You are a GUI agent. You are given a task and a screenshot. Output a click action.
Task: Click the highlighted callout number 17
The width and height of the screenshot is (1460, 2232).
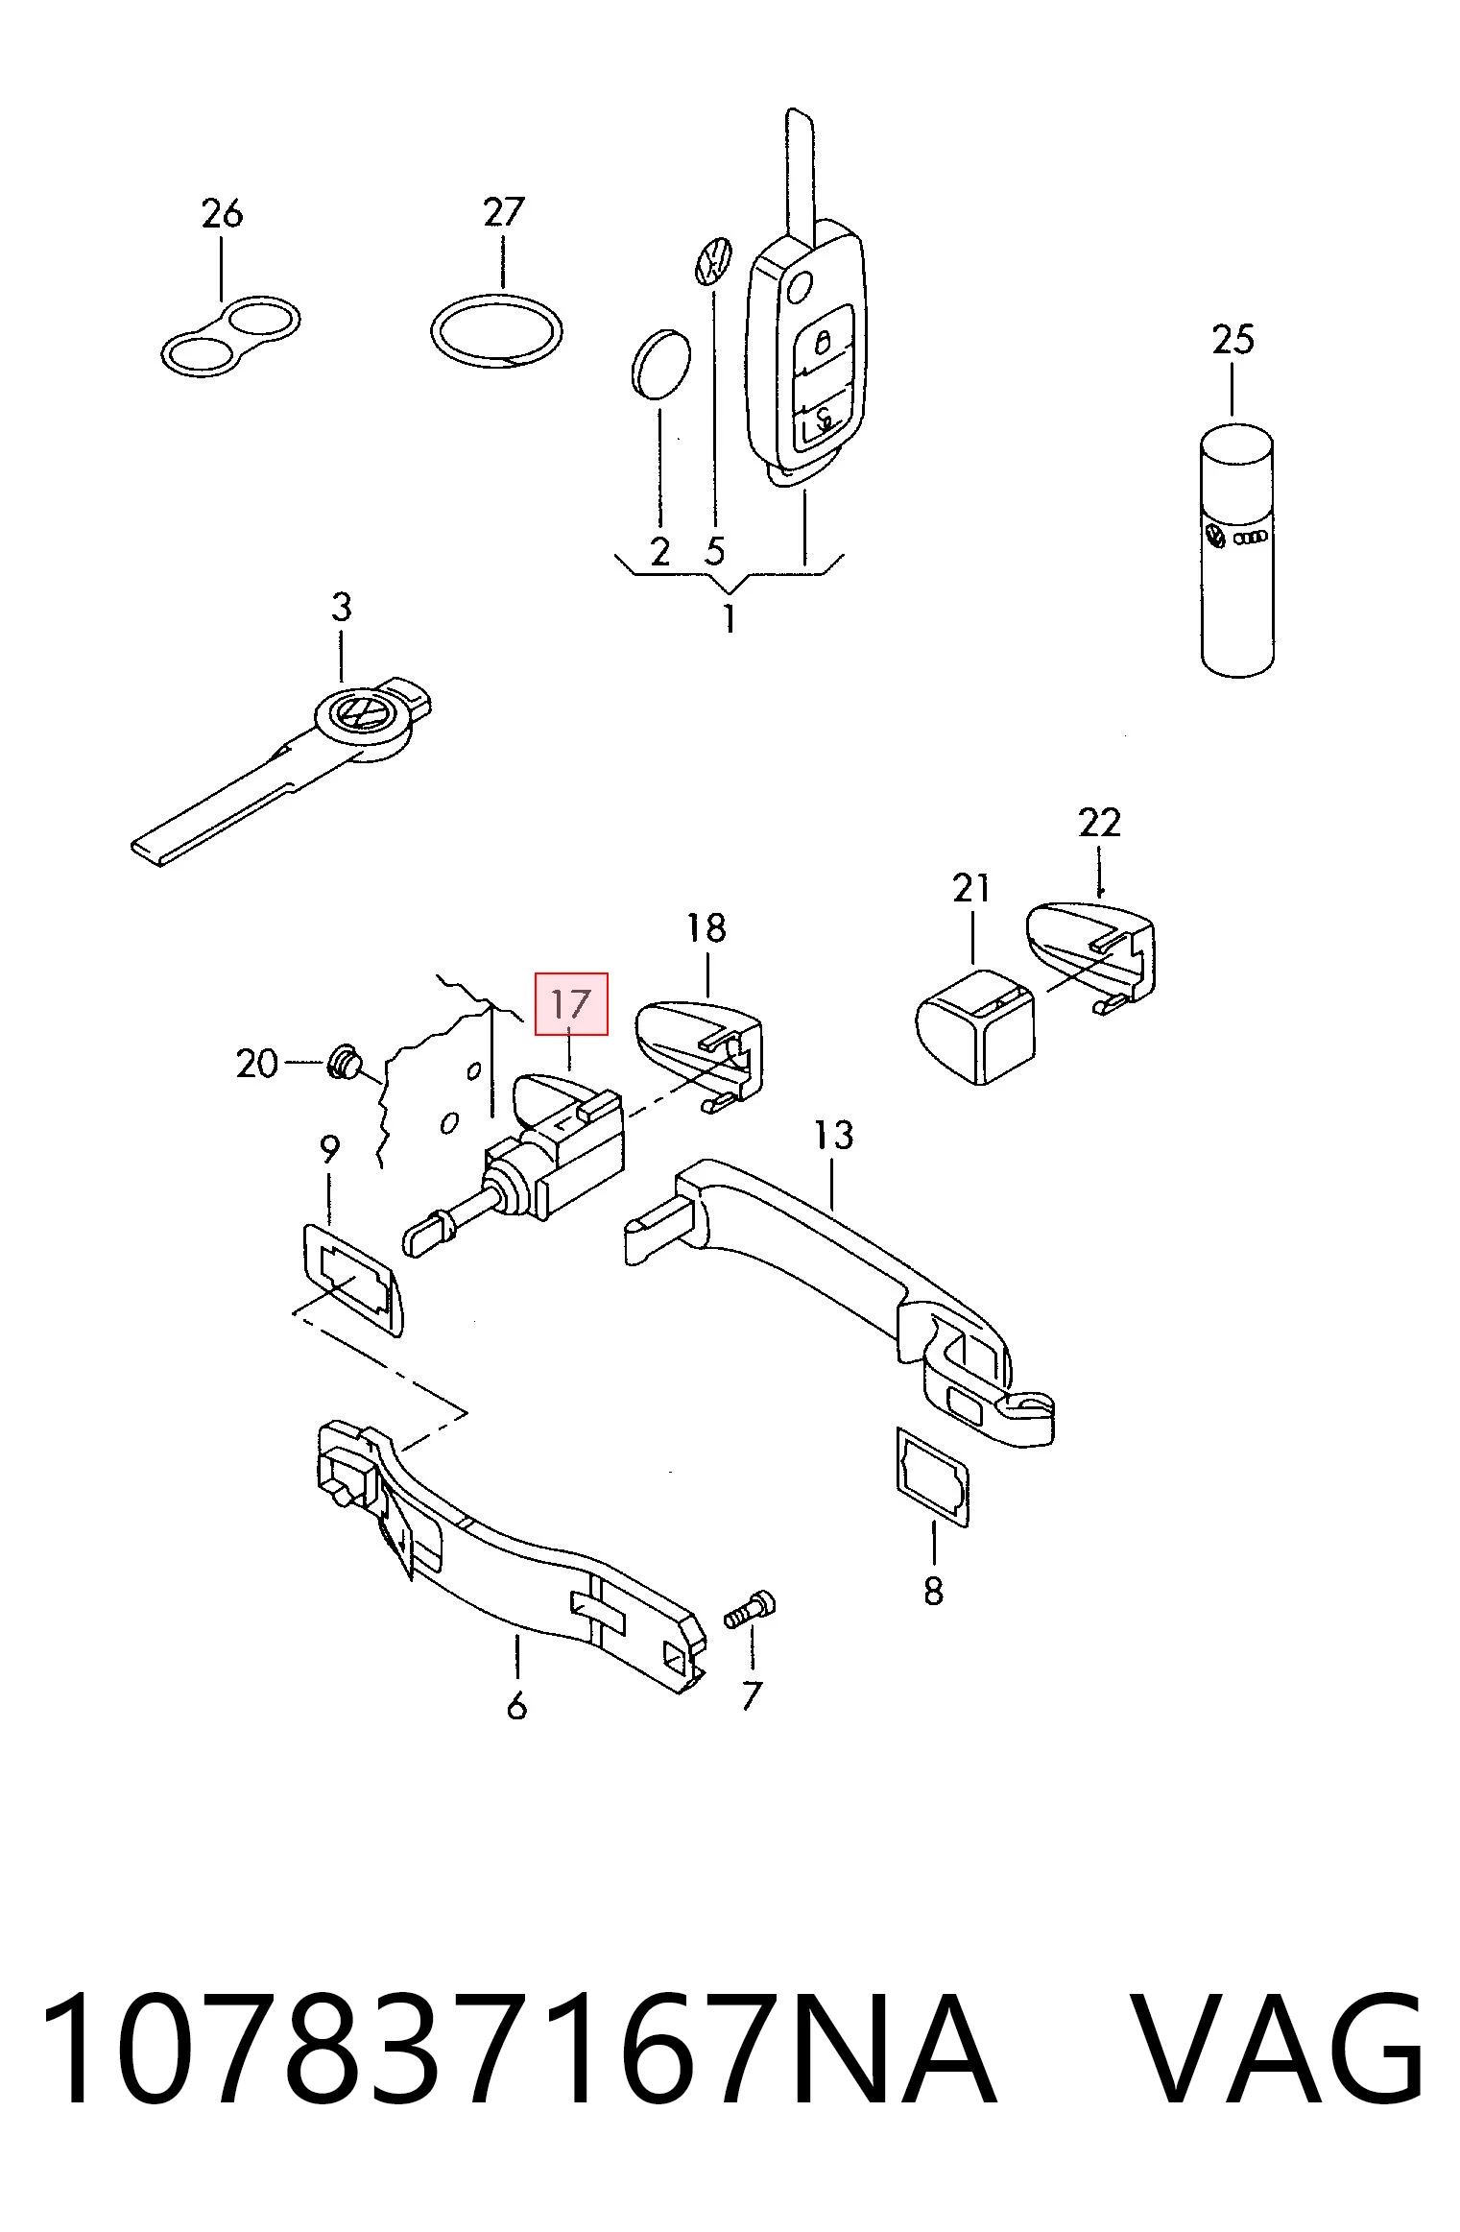(570, 1004)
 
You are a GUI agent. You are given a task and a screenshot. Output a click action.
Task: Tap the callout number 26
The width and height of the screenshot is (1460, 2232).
(222, 214)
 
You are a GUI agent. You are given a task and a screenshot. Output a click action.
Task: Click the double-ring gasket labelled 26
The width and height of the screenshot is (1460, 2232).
(229, 336)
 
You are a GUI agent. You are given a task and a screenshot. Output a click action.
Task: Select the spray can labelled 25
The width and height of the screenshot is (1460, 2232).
(1237, 548)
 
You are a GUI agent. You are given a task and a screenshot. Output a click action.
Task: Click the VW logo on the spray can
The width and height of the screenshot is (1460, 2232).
(1216, 537)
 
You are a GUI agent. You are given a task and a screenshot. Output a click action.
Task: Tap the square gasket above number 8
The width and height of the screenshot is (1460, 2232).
(932, 1489)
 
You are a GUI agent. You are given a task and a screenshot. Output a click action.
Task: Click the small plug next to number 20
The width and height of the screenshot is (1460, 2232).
(345, 1063)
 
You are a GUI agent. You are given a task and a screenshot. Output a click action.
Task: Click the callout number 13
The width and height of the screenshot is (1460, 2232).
(833, 1136)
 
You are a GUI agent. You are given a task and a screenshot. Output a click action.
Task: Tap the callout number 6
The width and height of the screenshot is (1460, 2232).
(516, 1706)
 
